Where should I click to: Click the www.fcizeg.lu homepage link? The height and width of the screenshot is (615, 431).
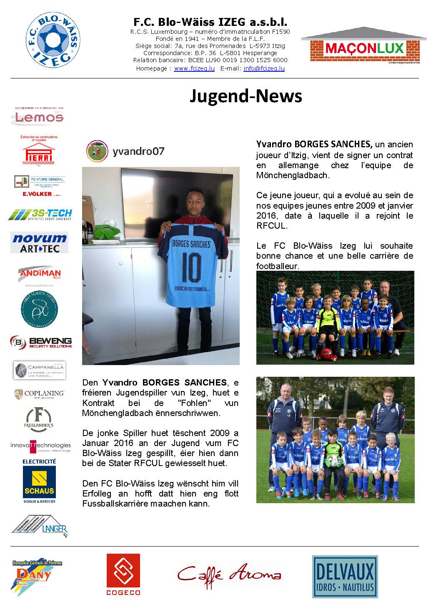pos(194,68)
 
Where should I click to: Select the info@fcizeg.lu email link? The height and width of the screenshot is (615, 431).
pos(264,68)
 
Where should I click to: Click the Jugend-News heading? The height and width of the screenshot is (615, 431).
pos(246,96)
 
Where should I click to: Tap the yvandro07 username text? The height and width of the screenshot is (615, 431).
pos(138,151)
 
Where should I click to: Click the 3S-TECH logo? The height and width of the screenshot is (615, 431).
pos(40,215)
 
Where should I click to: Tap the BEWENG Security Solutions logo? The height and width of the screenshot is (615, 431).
pos(41,342)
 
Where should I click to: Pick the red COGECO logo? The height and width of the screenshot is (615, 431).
pos(123,574)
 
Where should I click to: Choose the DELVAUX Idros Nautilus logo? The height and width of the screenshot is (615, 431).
pos(345,577)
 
